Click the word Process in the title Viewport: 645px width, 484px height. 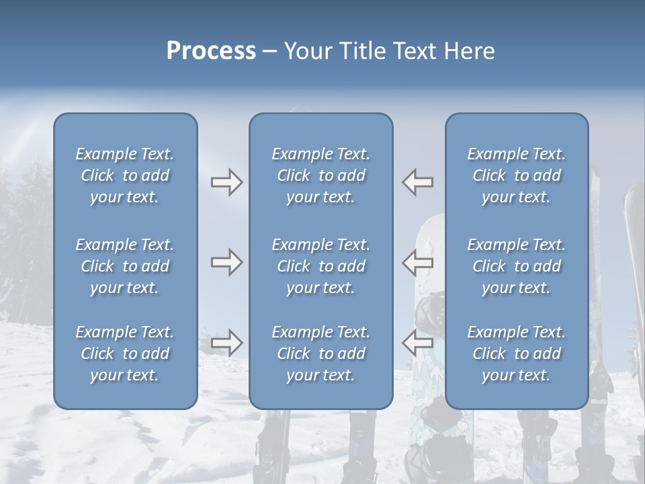coord(211,51)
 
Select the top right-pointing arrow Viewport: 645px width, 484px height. coord(226,182)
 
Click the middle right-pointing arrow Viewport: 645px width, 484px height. coord(226,262)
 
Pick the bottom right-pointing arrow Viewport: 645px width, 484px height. coord(226,342)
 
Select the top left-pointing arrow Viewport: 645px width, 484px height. coord(418,182)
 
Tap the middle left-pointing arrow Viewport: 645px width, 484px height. coord(418,262)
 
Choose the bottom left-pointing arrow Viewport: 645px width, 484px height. coord(418,342)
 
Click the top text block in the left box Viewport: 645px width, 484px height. coord(125,175)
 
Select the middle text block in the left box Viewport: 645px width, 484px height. coord(125,266)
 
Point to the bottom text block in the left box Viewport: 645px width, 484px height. coord(125,354)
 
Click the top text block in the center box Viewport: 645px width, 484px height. coord(320,175)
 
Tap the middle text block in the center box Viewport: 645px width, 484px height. coord(320,266)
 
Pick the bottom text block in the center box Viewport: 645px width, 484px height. coord(320,354)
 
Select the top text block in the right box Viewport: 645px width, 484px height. coord(516,175)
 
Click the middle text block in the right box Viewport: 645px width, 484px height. coord(516,266)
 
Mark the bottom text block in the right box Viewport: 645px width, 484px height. coord(516,354)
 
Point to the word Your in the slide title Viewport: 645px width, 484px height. coord(308,51)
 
